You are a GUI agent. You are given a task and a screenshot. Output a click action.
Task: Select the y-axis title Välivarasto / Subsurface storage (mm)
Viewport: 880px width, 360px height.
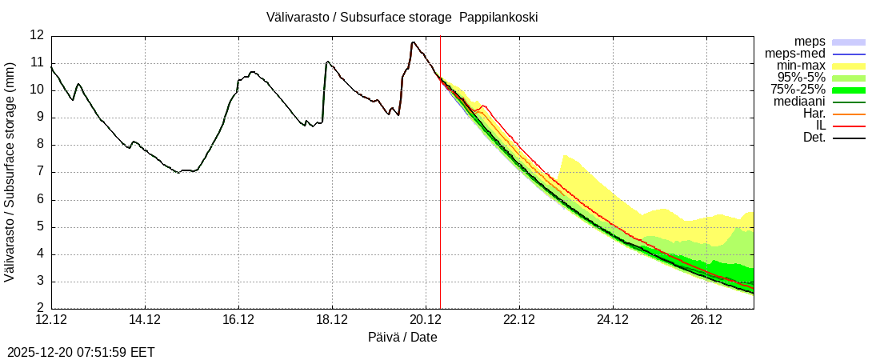coord(10,171)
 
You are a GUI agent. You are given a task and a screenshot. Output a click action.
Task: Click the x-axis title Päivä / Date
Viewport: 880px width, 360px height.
coord(402,337)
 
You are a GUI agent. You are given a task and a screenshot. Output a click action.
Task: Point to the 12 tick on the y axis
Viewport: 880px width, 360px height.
coord(37,35)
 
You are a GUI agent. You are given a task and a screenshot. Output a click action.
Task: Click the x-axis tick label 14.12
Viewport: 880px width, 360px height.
coord(145,320)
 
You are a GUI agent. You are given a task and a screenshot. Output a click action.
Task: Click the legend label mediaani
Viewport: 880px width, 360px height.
coord(799,102)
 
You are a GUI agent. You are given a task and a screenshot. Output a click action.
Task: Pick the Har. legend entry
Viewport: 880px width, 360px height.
coord(813,114)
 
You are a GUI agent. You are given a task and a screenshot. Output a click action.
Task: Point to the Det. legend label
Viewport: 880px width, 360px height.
coord(814,138)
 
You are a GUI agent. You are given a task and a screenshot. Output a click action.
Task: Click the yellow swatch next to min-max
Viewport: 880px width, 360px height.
coord(849,66)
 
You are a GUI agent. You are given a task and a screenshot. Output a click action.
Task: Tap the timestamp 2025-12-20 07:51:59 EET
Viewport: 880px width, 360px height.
coord(81,352)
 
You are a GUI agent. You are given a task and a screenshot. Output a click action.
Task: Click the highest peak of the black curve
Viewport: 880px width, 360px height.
coord(413,42)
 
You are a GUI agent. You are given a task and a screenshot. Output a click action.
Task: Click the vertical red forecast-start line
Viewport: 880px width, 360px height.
coord(440,200)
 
